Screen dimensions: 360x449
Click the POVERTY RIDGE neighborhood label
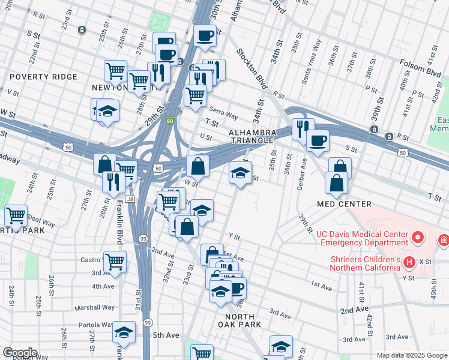tap(43, 77)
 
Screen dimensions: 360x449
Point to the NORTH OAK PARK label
tap(243, 320)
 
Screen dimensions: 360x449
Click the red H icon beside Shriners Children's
tap(409, 262)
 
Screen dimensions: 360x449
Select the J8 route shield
tap(130, 199)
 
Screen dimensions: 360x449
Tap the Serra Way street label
tap(223, 112)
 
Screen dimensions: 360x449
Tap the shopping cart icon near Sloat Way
tap(16, 215)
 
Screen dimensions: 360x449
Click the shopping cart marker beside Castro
tap(115, 262)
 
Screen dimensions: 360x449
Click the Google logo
tap(19, 353)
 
